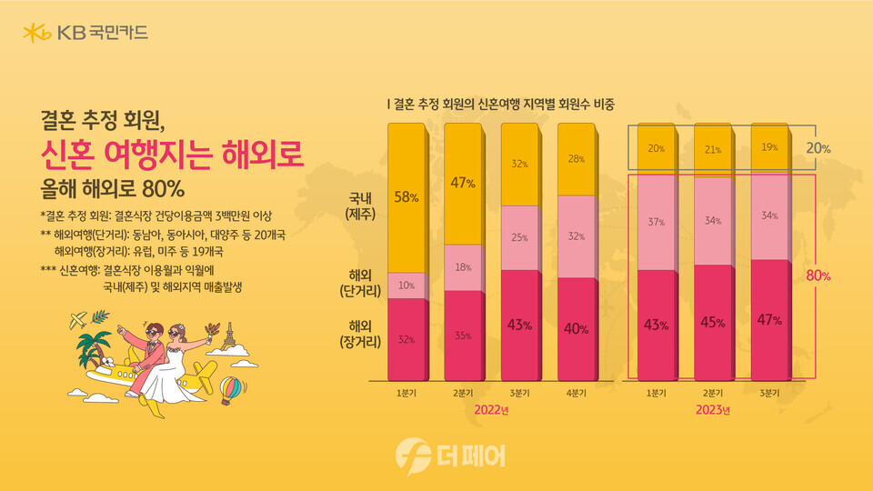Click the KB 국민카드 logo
pyautogui.click(x=85, y=34)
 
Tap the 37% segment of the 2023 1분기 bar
pyautogui.click(x=657, y=221)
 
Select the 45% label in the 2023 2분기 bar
pyautogui.click(x=713, y=323)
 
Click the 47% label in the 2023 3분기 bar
pyautogui.click(x=769, y=320)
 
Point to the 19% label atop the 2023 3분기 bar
pyautogui.click(x=769, y=147)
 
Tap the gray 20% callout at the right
pyautogui.click(x=817, y=147)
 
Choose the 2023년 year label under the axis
pyautogui.click(x=713, y=410)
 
